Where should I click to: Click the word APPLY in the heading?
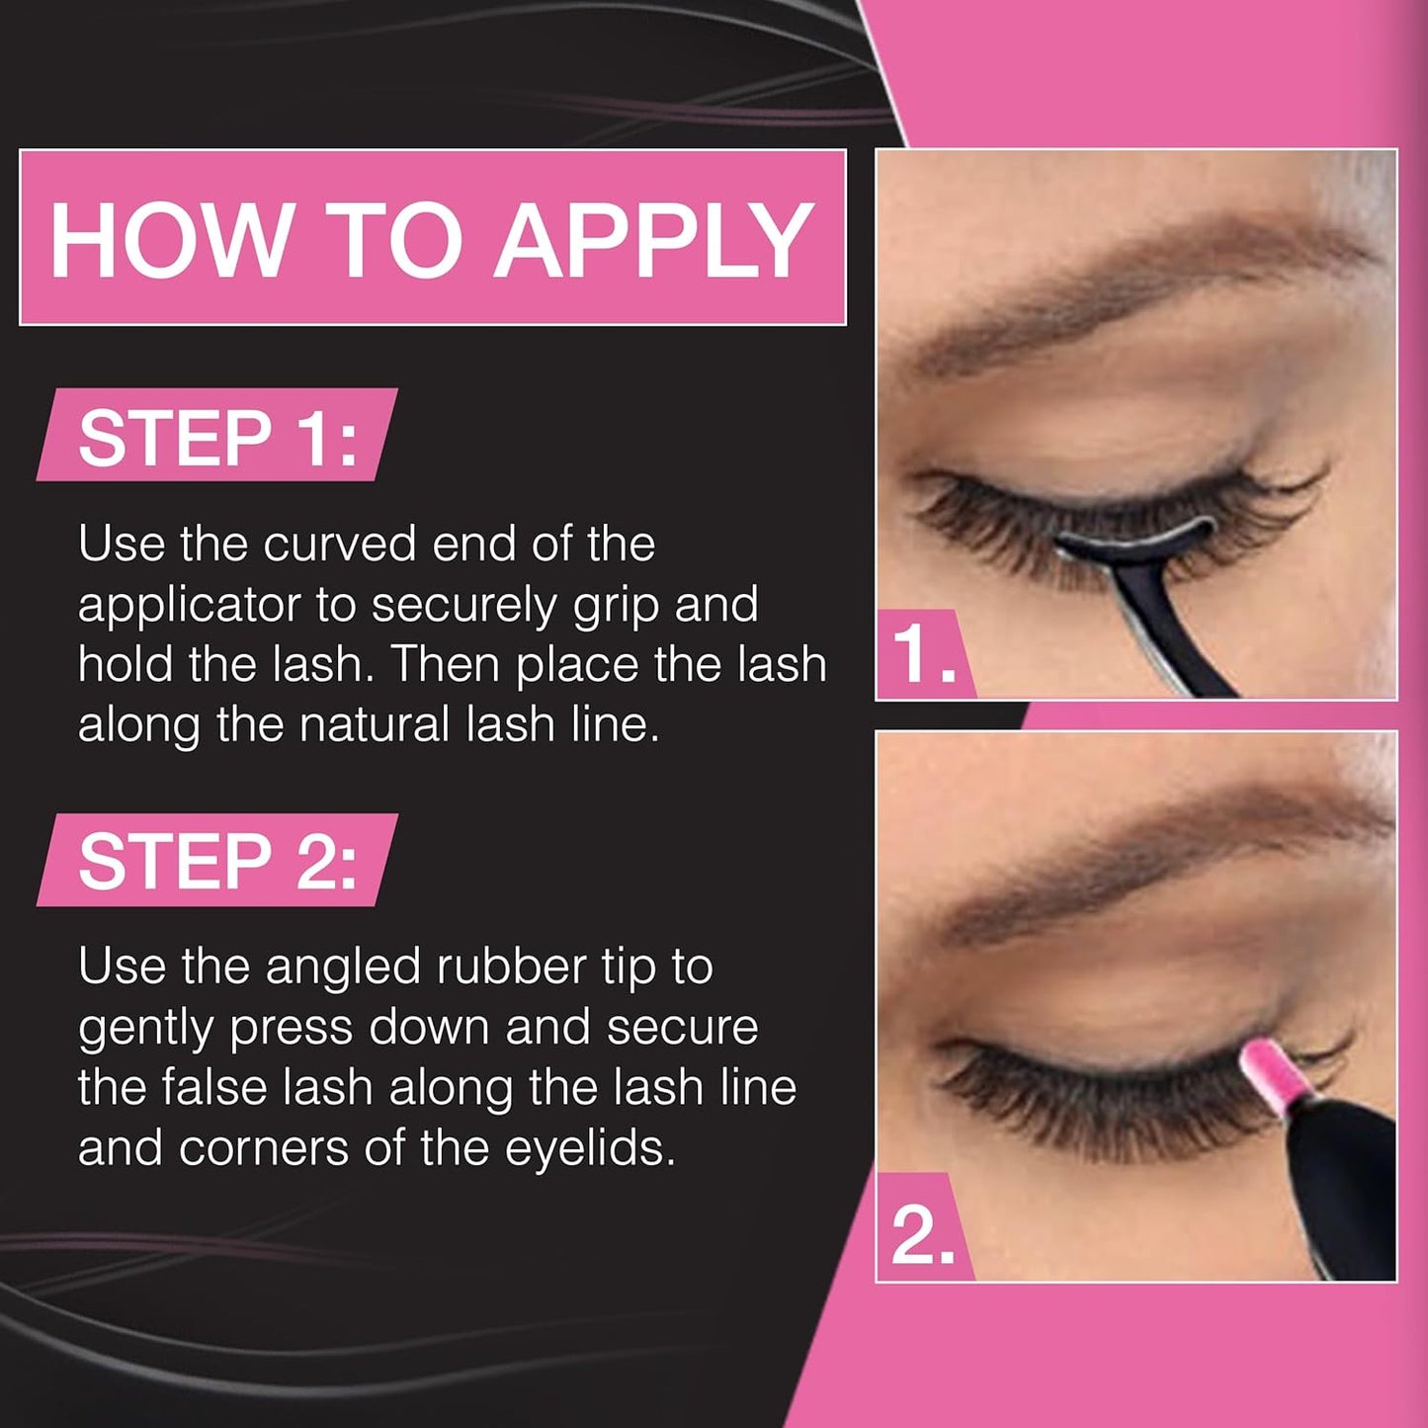coord(654,240)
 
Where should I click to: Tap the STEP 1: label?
coord(217,437)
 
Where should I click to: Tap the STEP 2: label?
coord(217,861)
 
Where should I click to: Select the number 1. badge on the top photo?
coord(923,655)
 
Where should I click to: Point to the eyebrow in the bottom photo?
coord(1136,870)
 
